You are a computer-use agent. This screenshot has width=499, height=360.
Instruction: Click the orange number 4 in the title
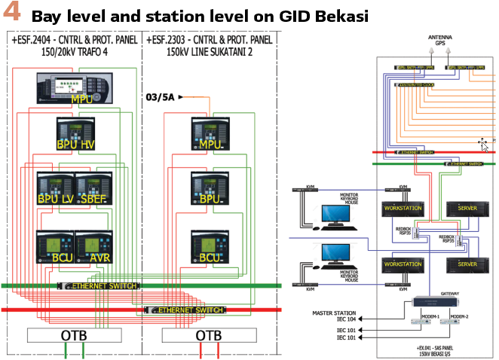[13, 15]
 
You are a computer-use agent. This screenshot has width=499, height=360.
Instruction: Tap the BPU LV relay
[56, 188]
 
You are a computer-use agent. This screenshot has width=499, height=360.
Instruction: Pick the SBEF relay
[93, 188]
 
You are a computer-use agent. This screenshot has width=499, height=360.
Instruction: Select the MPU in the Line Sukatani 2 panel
[209, 133]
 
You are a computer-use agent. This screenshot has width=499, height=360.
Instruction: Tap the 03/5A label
[159, 96]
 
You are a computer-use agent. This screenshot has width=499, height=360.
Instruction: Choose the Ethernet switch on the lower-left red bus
[184, 310]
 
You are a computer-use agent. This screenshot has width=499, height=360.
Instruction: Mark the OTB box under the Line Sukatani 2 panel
[209, 334]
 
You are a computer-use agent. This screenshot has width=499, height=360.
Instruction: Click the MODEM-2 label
[460, 316]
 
